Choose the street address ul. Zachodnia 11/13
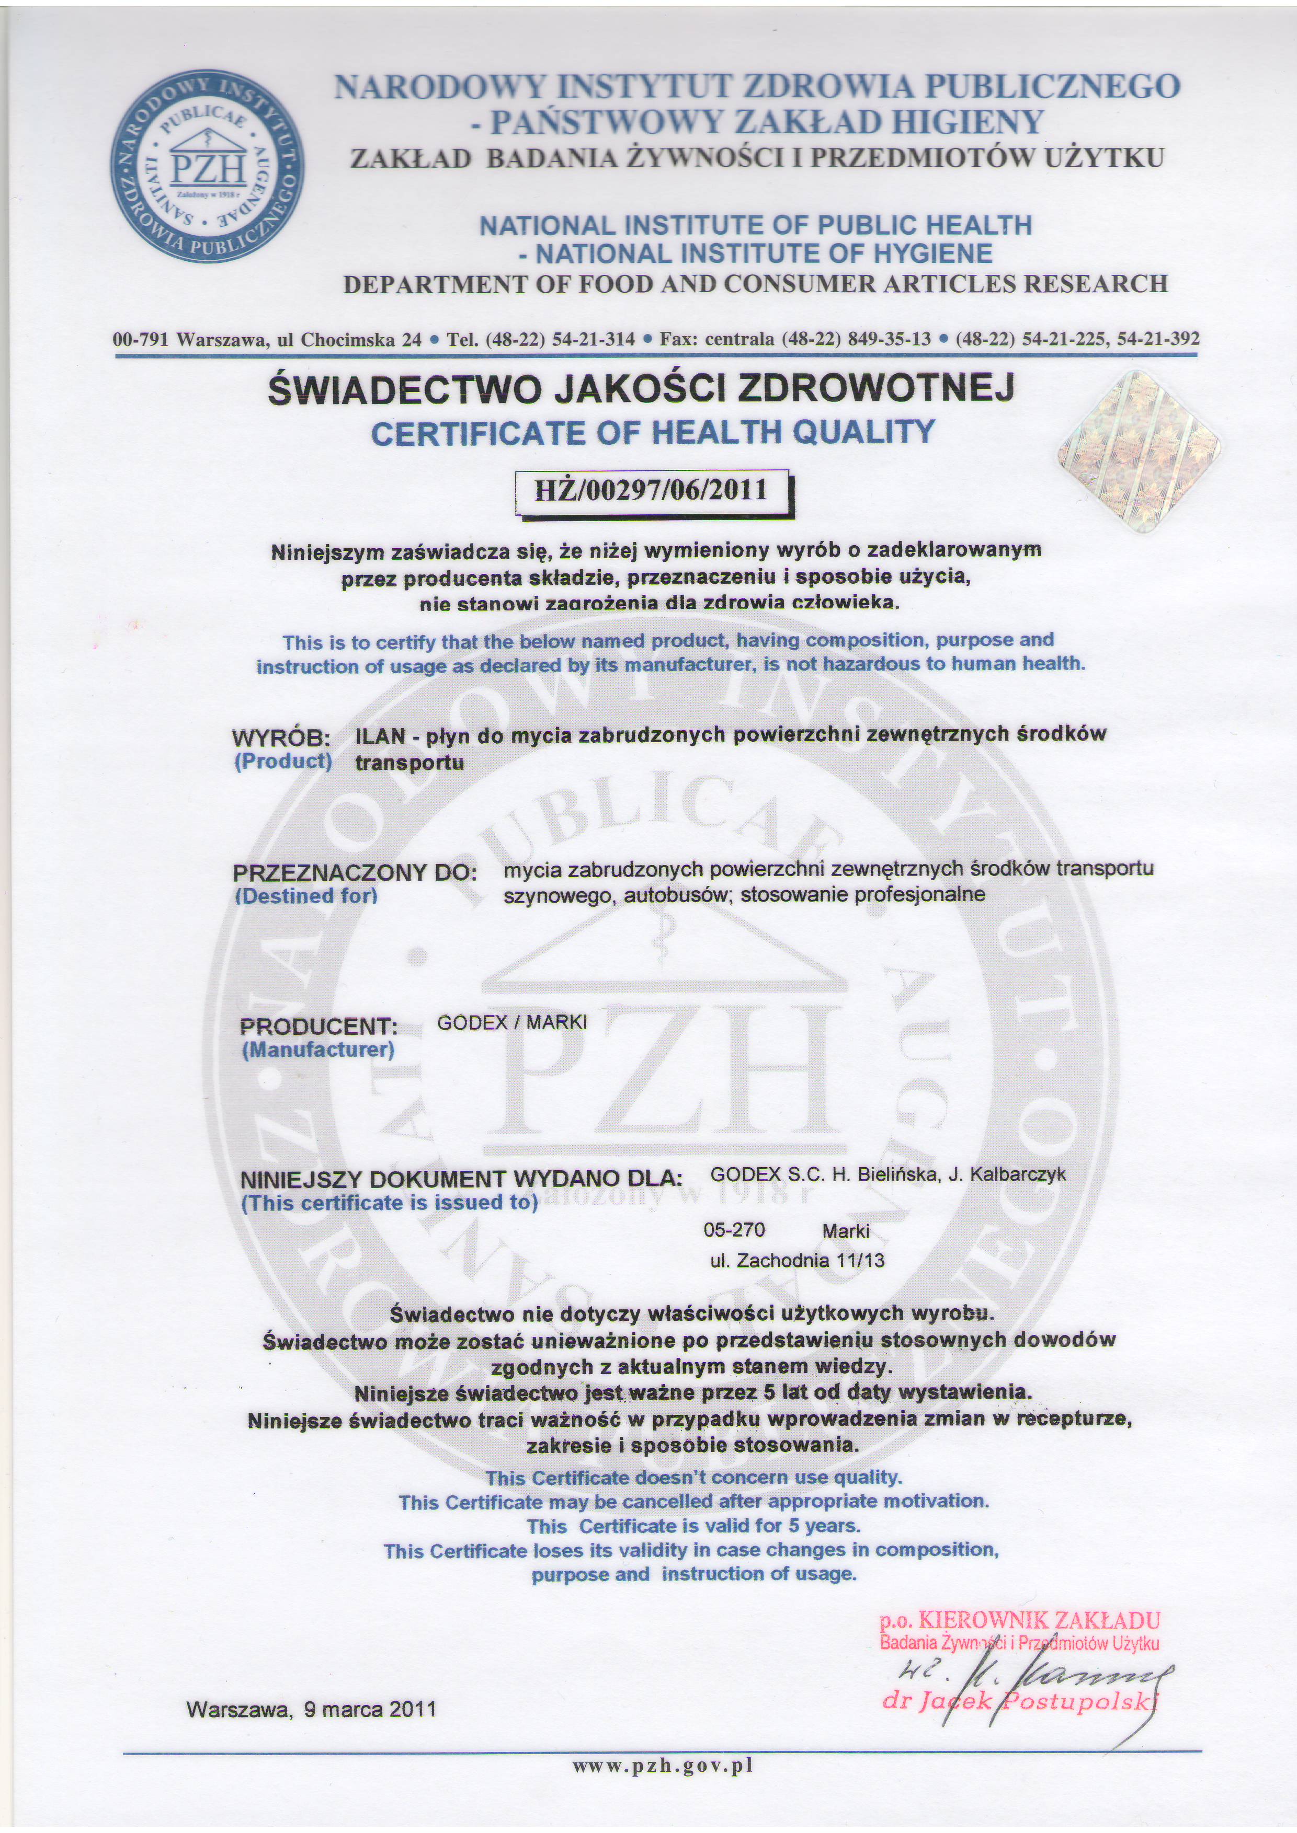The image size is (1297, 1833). coord(797,1261)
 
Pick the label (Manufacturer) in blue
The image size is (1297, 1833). coord(318,1050)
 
